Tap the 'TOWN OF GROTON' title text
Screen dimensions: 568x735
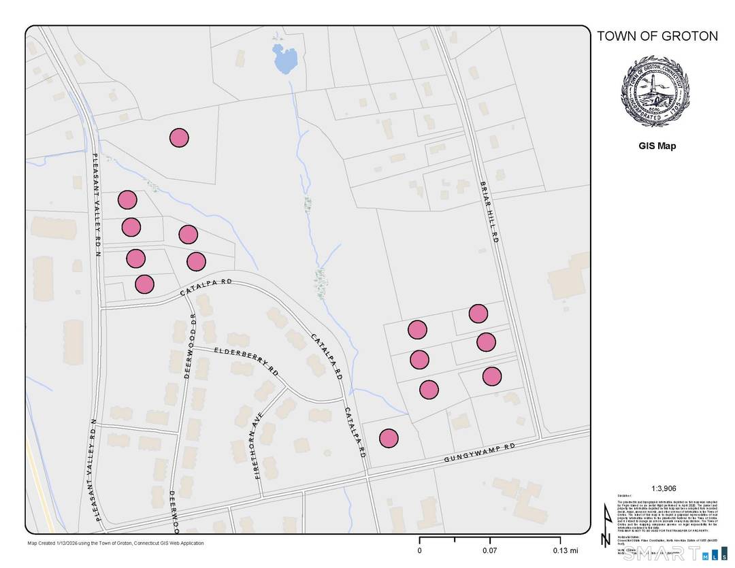click(657, 36)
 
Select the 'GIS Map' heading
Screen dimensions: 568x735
click(657, 146)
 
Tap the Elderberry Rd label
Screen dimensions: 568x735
click(247, 360)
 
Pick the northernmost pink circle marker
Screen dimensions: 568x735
click(179, 137)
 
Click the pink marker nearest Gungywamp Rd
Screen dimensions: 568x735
click(389, 438)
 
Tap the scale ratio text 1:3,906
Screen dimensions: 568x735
click(657, 488)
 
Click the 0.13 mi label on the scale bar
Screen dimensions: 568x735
click(565, 550)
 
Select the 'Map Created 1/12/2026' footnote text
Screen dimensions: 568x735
click(115, 543)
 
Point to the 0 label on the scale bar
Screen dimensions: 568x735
click(419, 550)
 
